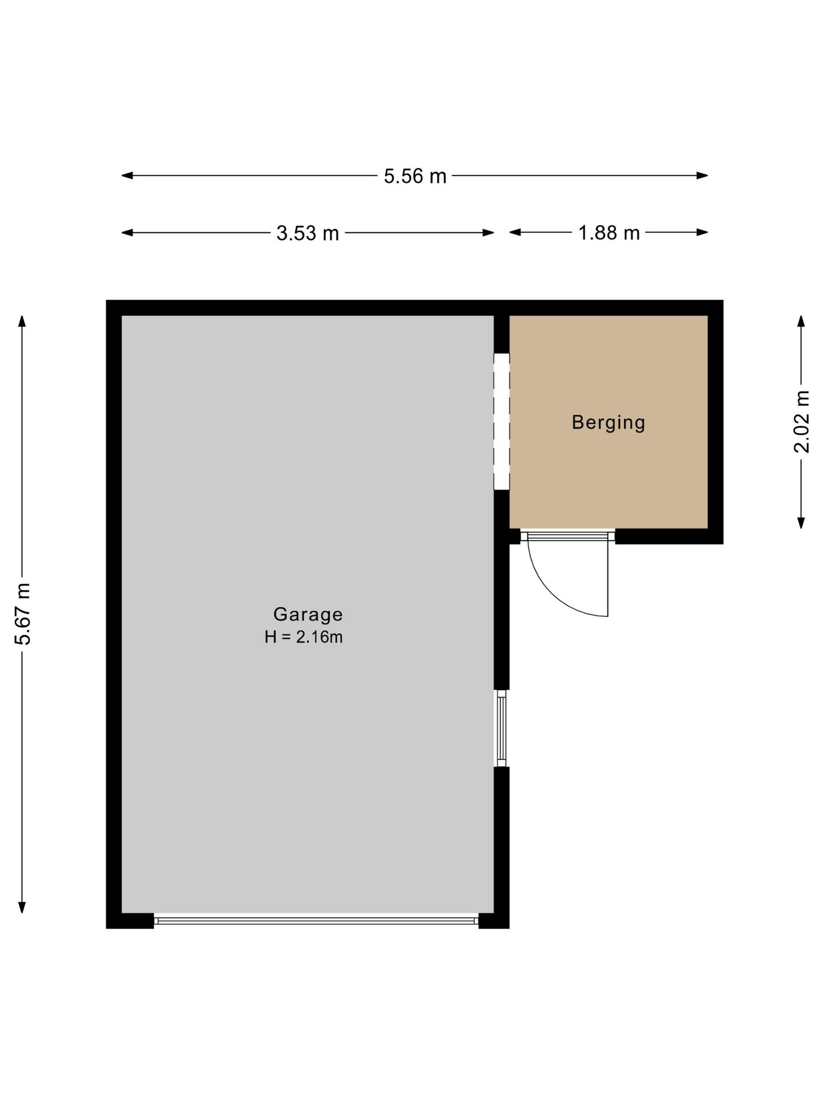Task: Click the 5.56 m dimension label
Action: [415, 176]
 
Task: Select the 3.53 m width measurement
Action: [307, 233]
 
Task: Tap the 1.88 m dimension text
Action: [609, 233]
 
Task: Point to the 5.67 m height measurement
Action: [22, 614]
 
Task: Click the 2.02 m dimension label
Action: [801, 422]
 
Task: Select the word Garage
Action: [308, 614]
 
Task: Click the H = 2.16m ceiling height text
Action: [303, 637]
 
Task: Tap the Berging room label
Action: [609, 422]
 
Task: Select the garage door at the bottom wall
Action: [316, 920]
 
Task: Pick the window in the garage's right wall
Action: [501, 728]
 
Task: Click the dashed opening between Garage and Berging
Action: [501, 421]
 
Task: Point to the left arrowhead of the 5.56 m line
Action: [127, 175]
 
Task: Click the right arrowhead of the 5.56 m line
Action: [702, 175]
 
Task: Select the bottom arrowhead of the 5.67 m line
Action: [22, 907]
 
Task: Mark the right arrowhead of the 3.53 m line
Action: [489, 233]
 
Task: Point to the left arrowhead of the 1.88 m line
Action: [515, 232]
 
